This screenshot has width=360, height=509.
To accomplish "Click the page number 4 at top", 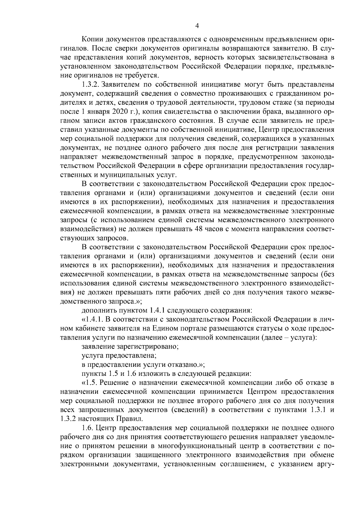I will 197,26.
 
